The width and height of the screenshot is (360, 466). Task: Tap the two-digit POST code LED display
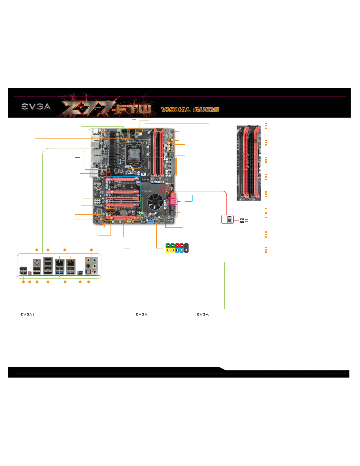pos(171,155)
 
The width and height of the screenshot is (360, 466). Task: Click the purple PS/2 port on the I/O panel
pos(37,263)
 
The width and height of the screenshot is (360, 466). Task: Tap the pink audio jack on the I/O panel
pos(94,272)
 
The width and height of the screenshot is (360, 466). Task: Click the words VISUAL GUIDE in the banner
pos(190,110)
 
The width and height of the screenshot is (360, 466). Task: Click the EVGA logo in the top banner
pos(36,107)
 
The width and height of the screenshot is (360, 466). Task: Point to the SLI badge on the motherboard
pos(143,174)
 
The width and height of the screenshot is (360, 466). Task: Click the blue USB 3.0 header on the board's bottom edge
pos(150,221)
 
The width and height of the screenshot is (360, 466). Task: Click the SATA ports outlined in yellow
pos(173,195)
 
